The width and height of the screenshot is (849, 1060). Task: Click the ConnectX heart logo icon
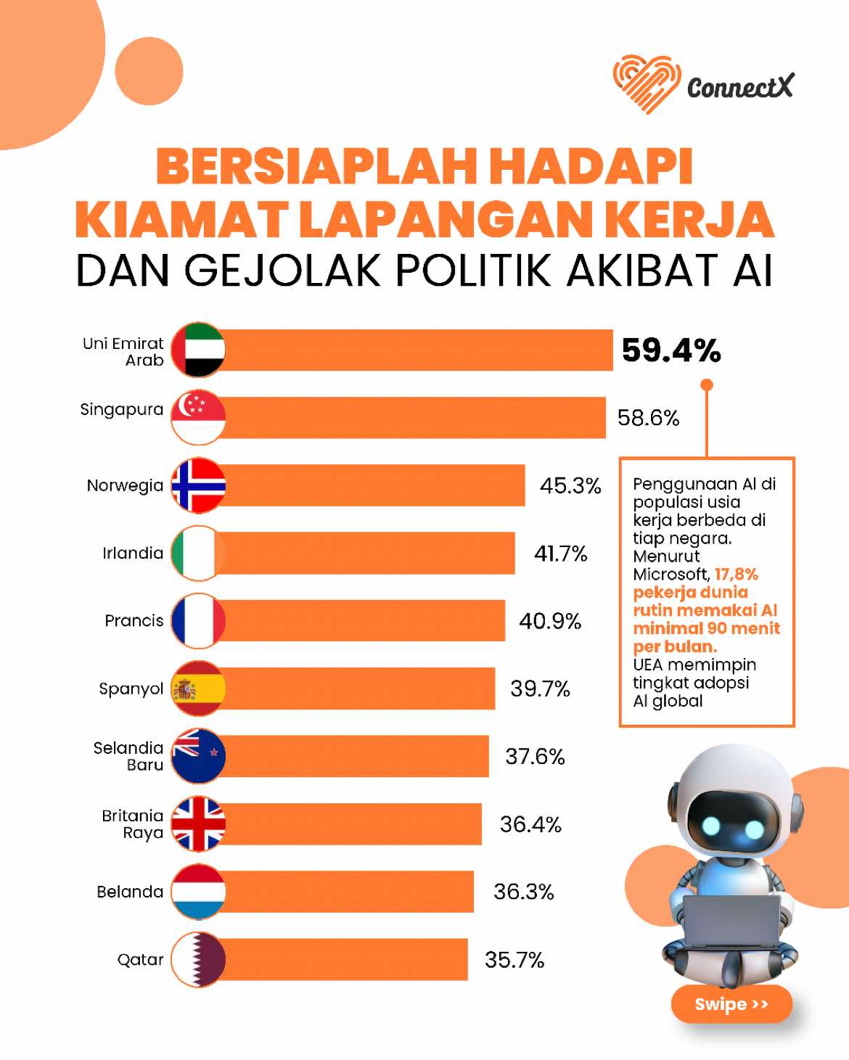[647, 83]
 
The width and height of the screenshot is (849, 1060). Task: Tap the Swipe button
[731, 1004]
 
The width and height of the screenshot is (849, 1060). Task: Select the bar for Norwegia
[369, 485]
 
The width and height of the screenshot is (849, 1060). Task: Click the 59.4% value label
[671, 350]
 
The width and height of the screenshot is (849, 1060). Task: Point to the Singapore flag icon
[198, 418]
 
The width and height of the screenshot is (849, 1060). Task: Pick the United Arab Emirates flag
[198, 350]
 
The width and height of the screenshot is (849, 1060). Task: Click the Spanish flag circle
[198, 688]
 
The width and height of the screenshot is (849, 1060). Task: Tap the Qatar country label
[140, 961]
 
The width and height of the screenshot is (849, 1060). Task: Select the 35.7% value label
[514, 960]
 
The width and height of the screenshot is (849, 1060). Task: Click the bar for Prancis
[360, 620]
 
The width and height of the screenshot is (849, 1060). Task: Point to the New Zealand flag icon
[198, 755]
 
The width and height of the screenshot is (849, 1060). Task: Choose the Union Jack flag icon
[198, 823]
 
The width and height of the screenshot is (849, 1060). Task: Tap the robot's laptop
[732, 922]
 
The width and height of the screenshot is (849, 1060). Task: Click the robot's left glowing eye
[711, 828]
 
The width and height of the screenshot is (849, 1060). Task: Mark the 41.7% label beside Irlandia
[561, 554]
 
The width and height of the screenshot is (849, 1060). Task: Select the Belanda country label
[130, 892]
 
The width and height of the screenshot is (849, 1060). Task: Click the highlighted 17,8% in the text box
[736, 575]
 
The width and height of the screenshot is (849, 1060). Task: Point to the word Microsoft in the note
[671, 575]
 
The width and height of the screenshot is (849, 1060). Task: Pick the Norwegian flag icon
[198, 485]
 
